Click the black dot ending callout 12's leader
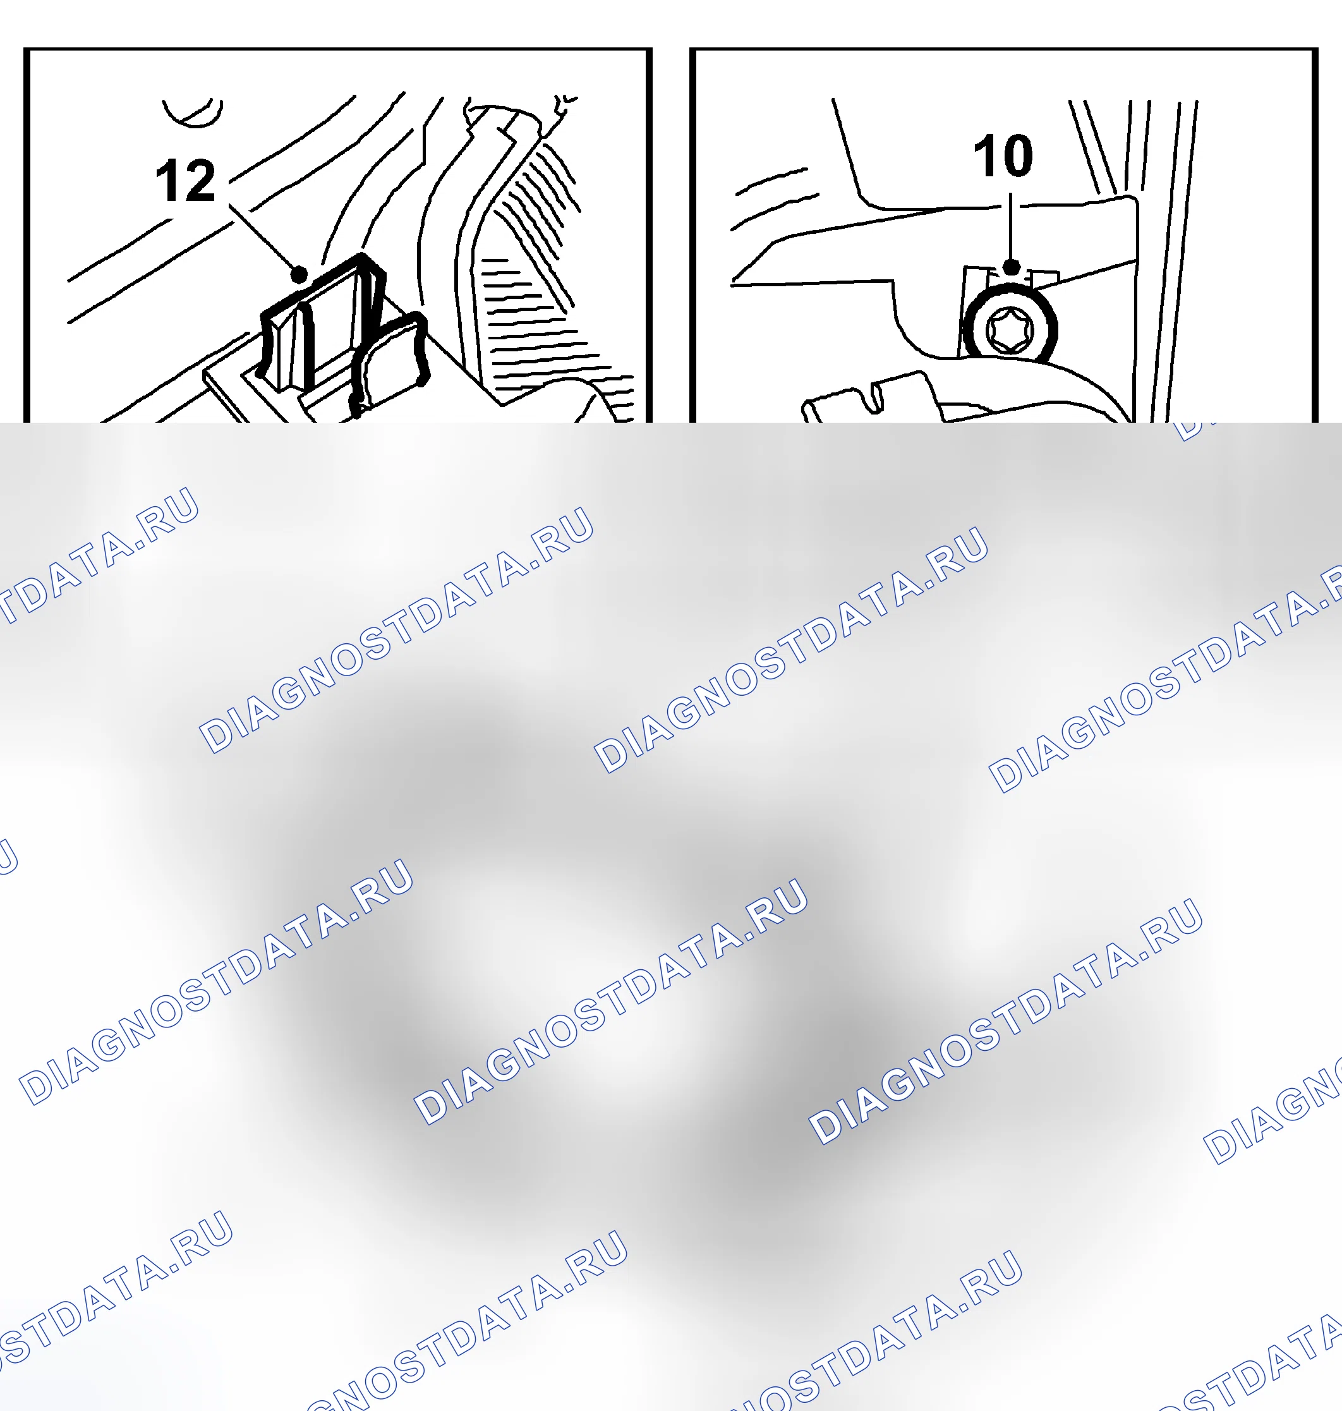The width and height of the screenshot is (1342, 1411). (299, 274)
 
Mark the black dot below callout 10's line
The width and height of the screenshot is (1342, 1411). (1012, 267)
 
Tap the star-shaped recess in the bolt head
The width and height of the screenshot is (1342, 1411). (1010, 330)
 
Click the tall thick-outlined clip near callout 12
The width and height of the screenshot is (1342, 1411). (322, 322)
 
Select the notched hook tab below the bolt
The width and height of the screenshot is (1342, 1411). (869, 397)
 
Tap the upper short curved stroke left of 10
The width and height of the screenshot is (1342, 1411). (771, 181)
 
